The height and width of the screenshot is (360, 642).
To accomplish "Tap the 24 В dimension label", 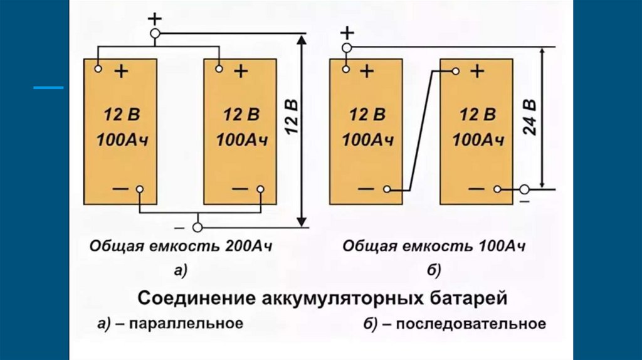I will tap(530, 117).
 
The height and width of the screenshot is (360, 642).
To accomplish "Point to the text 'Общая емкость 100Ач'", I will tap(433, 246).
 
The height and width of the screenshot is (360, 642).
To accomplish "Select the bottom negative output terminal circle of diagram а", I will tap(199, 226).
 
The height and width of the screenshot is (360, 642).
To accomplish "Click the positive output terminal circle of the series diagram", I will tap(346, 48).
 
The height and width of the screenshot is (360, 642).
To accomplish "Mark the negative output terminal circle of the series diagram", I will tap(524, 188).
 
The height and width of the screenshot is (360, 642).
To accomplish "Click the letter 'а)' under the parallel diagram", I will tap(180, 270).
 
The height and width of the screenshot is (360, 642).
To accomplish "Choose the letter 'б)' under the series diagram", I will tap(434, 270).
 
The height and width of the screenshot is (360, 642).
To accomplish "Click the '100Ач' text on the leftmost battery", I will tap(121, 139).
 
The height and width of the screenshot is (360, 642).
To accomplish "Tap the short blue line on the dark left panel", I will tap(48, 88).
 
